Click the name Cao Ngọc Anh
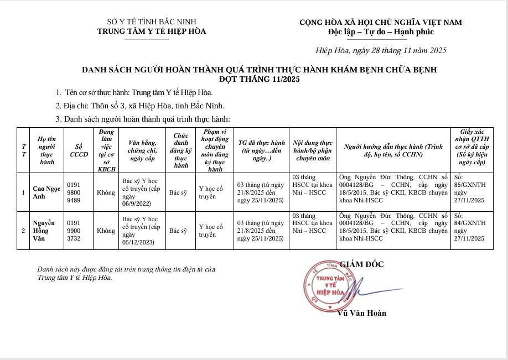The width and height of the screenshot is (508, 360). tap(46, 192)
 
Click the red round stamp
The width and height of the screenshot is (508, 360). tap(330, 284)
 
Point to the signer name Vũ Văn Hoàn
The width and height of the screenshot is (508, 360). tap(361, 313)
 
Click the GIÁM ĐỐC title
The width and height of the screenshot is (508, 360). tap(361, 264)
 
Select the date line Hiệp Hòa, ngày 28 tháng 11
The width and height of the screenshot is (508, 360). tap(381, 50)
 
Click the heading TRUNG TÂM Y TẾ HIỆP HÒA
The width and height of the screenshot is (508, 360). tap(152, 32)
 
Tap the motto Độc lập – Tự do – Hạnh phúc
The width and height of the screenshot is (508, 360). tap(381, 32)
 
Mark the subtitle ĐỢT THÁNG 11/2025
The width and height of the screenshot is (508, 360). tap(259, 80)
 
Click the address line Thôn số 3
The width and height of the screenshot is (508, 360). tap(139, 105)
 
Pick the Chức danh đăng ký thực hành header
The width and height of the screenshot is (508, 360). tap(181, 150)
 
